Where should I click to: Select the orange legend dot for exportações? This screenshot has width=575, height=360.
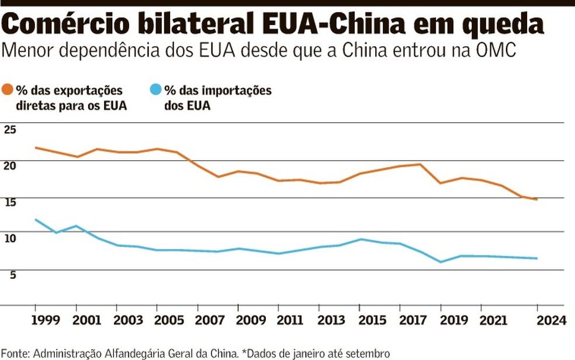tap(8, 90)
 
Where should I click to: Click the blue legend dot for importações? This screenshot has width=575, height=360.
tap(155, 90)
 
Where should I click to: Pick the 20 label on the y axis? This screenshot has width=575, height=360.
tap(10, 165)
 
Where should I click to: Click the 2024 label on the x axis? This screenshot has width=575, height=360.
tap(552, 320)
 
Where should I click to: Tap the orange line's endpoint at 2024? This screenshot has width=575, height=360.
tap(537, 199)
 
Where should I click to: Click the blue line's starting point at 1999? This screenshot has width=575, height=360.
tap(36, 220)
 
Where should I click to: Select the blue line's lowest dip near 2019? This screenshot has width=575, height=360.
tap(441, 262)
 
